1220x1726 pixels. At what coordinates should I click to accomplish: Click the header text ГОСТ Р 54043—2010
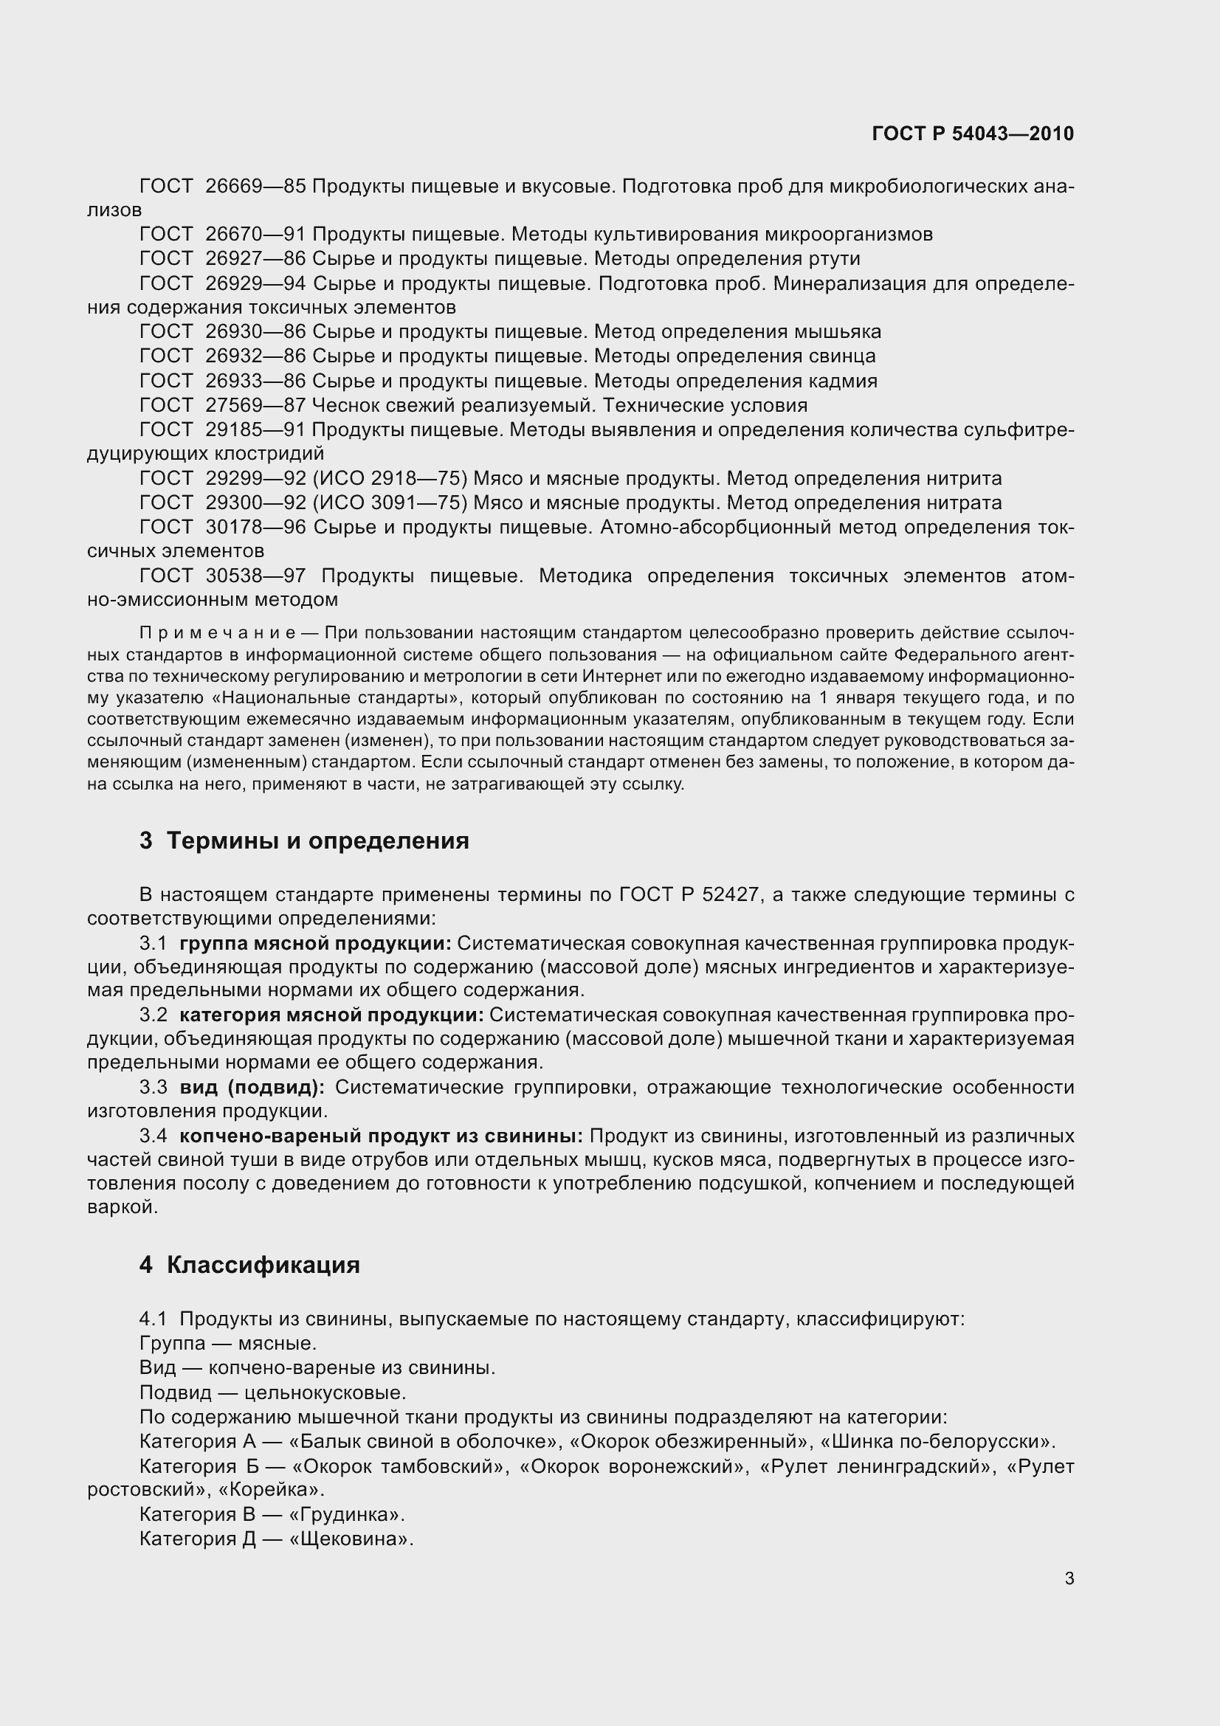(x=973, y=134)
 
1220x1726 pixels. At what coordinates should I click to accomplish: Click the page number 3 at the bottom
(x=1069, y=1578)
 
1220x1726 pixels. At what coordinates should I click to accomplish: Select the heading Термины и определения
(x=317, y=840)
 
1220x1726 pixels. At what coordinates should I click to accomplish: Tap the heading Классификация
(x=263, y=1266)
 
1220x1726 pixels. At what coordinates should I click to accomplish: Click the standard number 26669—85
(x=255, y=186)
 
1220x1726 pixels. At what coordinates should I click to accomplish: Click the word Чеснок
(x=346, y=405)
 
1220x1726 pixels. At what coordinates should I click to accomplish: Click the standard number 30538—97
(x=255, y=576)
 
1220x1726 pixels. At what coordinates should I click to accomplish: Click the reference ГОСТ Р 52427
(x=689, y=894)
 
